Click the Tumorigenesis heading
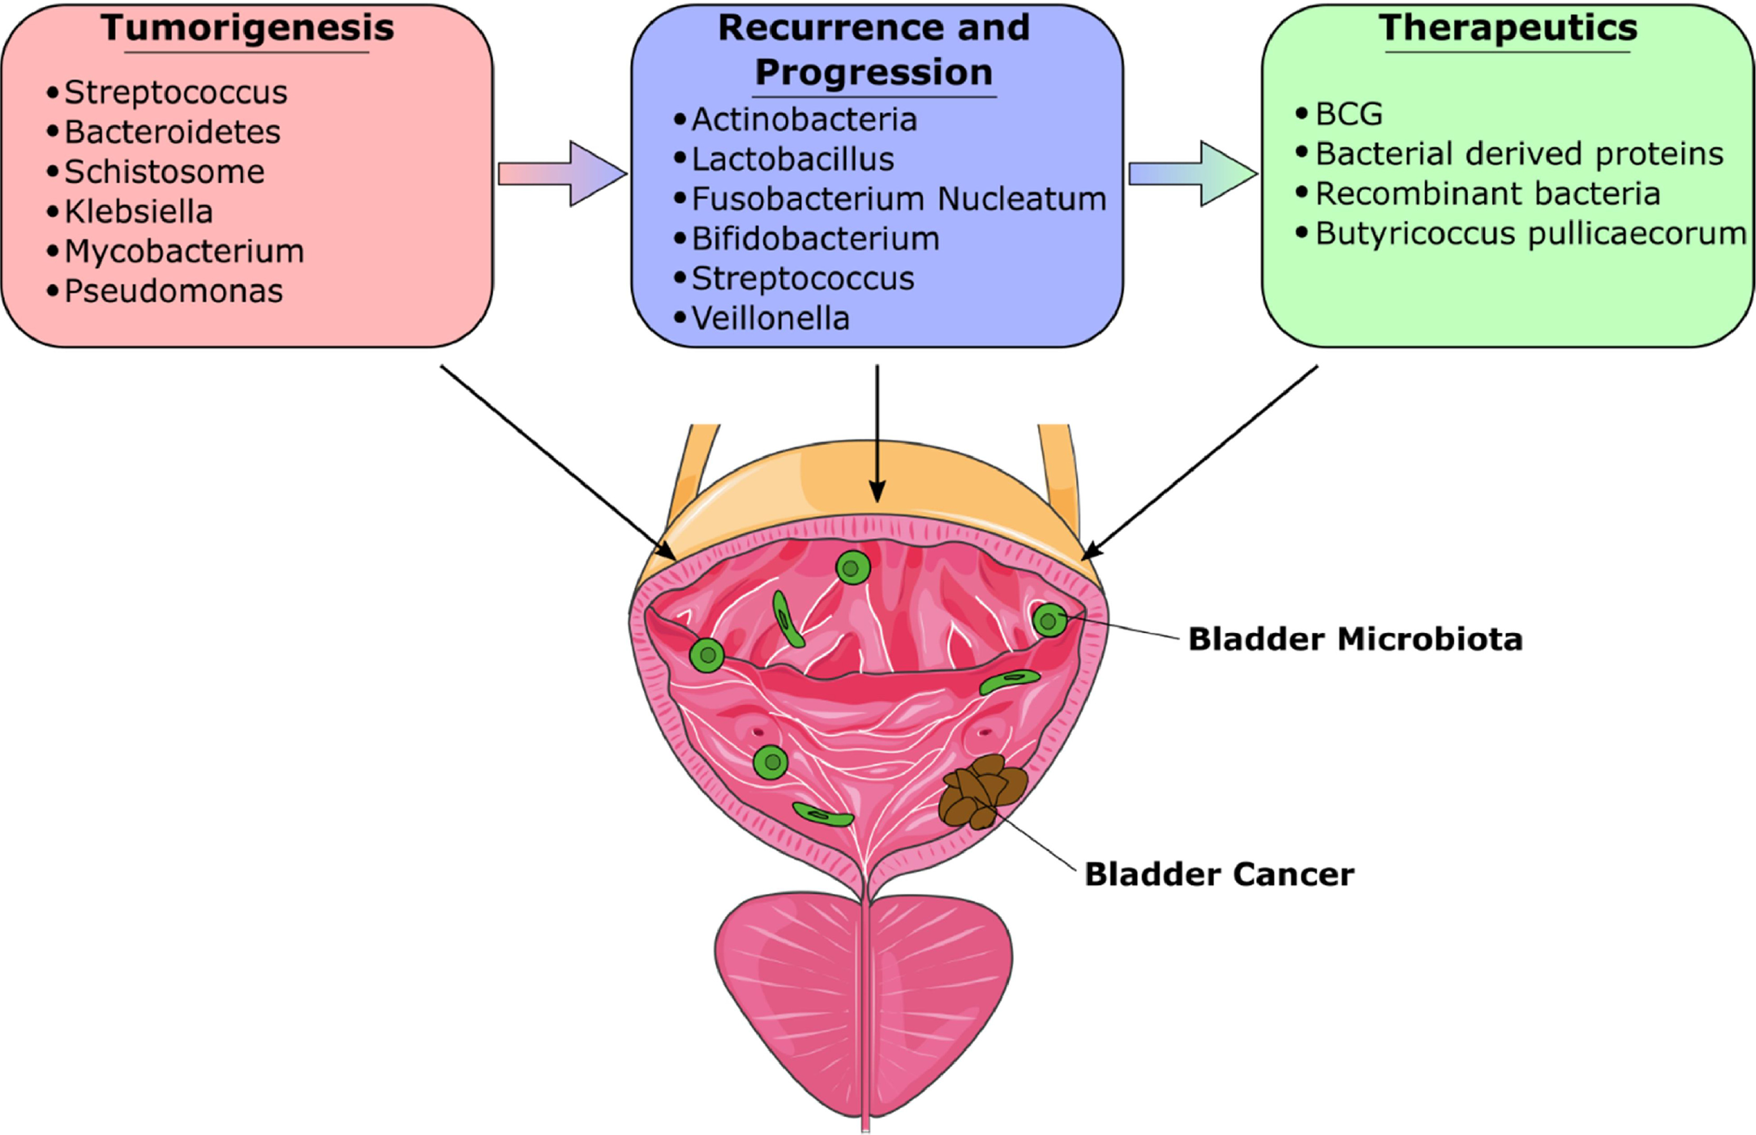(248, 28)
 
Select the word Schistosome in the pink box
(164, 172)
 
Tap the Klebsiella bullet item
(139, 212)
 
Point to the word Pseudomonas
(173, 291)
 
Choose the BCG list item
(1349, 114)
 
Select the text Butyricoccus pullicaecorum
(1531, 234)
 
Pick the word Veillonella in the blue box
(770, 319)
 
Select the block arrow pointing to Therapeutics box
(1193, 174)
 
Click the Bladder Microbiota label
(1355, 639)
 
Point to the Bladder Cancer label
(1219, 875)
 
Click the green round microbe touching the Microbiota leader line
(1049, 620)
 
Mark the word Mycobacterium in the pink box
(184, 251)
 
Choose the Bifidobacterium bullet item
(816, 239)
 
